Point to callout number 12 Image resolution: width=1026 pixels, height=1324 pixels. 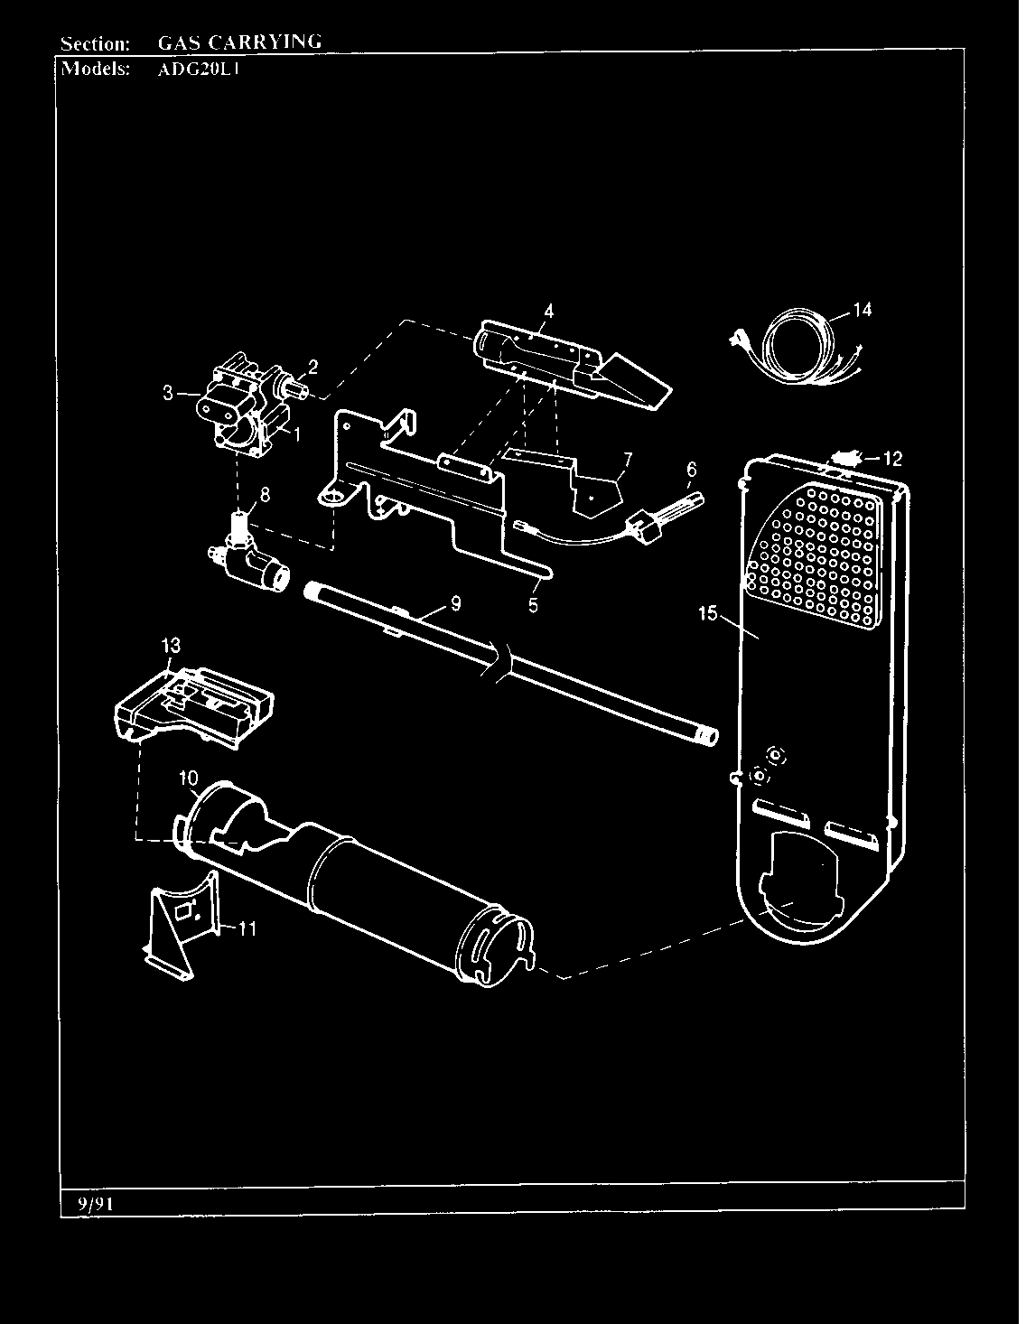tap(892, 458)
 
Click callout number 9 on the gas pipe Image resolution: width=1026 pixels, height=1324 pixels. tap(455, 603)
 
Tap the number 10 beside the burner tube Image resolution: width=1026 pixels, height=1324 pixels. tap(188, 778)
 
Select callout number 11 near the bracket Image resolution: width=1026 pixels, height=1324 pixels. tap(247, 928)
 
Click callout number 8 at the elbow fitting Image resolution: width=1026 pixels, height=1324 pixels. tap(265, 494)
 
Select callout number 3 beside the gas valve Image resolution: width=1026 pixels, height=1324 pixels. tap(168, 392)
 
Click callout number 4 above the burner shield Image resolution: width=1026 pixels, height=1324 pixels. tap(548, 311)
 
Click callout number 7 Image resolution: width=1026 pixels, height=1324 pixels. tap(626, 458)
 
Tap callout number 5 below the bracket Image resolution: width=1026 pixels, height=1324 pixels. tap(533, 606)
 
